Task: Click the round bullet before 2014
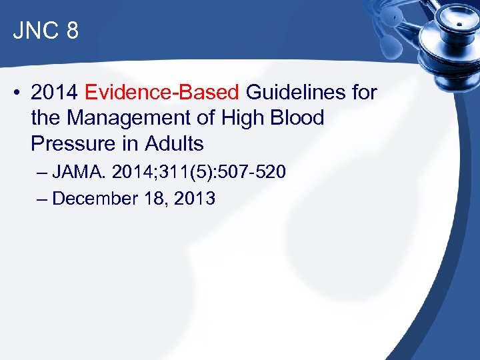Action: tap(17, 93)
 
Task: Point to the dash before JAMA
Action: tap(43, 173)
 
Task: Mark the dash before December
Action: tap(43, 199)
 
